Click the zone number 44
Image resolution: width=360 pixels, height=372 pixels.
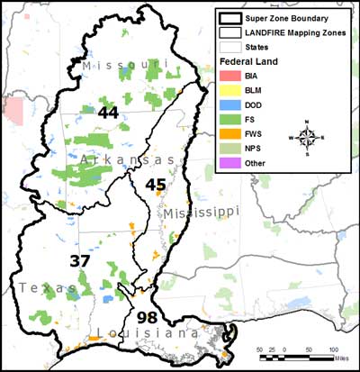pyautogui.click(x=109, y=113)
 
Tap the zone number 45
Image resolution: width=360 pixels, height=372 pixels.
pyautogui.click(x=156, y=185)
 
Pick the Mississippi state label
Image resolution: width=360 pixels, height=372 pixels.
pyautogui.click(x=202, y=213)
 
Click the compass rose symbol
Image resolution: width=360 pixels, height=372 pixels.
pyautogui.click(x=308, y=138)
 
